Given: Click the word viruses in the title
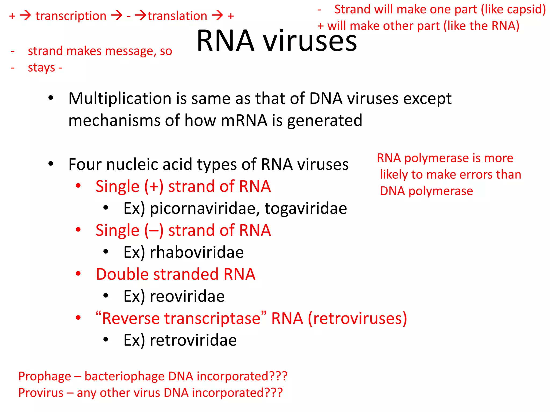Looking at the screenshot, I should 310,41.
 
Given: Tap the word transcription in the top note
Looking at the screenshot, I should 71,16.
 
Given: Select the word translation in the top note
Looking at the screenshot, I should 177,16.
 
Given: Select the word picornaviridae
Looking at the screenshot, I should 205,208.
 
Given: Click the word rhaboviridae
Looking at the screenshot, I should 197,252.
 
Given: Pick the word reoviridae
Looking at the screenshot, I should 187,296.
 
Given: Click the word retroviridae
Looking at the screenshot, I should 193,340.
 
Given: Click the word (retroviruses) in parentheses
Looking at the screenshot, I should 357,319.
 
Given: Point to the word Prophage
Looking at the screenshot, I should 45,377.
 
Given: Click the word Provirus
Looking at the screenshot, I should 41,393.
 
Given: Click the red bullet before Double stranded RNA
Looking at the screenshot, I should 78,274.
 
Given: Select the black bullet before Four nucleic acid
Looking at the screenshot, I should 51,164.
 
